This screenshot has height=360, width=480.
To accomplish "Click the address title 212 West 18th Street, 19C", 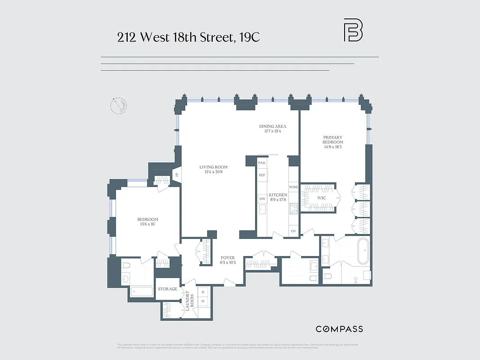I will click(188, 37).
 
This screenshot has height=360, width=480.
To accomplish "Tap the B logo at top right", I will click(353, 30).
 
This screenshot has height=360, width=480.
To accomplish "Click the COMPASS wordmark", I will click(339, 329).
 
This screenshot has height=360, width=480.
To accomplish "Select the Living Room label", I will click(213, 170).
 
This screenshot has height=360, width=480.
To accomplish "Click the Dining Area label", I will click(273, 129).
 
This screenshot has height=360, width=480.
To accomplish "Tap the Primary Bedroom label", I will click(332, 142).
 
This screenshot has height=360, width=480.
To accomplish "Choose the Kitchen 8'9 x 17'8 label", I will click(278, 198).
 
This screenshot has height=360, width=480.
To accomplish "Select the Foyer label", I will click(227, 260).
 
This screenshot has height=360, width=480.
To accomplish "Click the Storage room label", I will click(167, 289).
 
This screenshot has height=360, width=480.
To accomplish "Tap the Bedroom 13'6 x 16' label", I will click(148, 222).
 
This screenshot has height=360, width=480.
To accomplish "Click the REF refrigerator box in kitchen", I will click(262, 175).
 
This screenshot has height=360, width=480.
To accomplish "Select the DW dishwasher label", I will click(262, 198).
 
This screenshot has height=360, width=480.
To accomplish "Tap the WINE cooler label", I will click(294, 187).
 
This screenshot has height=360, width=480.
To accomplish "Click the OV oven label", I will click(294, 231).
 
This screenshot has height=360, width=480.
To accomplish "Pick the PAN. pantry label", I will click(262, 162).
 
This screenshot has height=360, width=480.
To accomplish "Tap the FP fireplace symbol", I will click(177, 174).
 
